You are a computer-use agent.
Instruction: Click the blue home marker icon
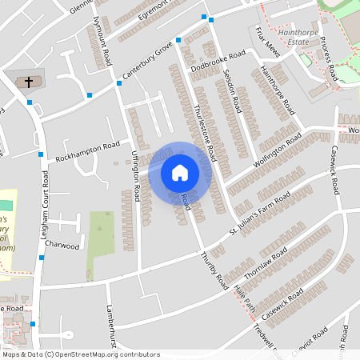click(x=179, y=172)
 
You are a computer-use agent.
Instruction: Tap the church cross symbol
click(x=29, y=82)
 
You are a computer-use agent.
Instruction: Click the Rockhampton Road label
click(x=88, y=150)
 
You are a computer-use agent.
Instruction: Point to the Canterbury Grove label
click(x=147, y=62)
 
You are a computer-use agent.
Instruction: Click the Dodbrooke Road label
click(x=218, y=62)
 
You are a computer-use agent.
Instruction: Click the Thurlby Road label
click(x=210, y=274)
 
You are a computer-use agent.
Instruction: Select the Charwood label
click(x=62, y=245)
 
